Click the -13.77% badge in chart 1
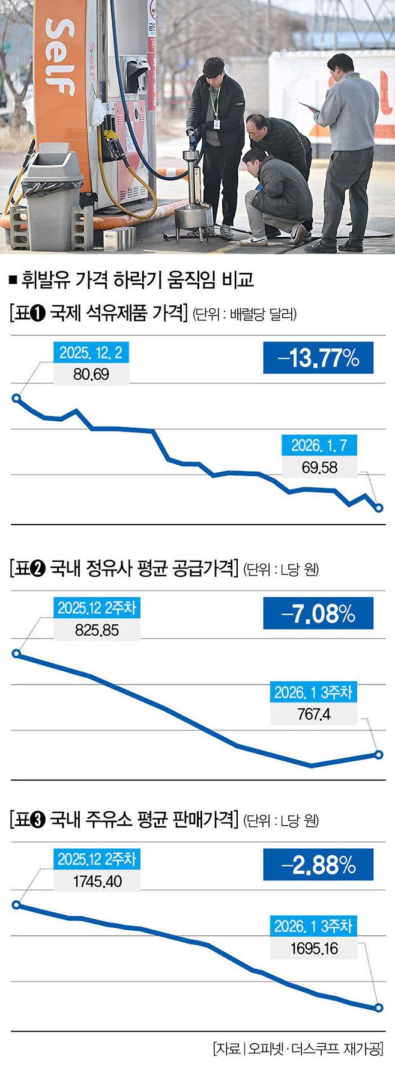click(318, 358)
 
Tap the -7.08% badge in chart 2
click(318, 614)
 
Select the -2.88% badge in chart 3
click(318, 865)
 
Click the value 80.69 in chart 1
click(91, 374)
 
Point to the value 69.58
click(319, 467)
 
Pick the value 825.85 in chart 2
click(97, 630)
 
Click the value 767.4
click(313, 714)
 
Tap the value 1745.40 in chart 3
click(97, 882)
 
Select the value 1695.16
click(313, 948)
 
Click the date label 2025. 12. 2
click(91, 353)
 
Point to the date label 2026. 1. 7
click(319, 445)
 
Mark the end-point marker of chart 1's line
click(379, 508)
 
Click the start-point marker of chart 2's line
click(16, 654)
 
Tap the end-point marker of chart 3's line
click(379, 1008)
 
